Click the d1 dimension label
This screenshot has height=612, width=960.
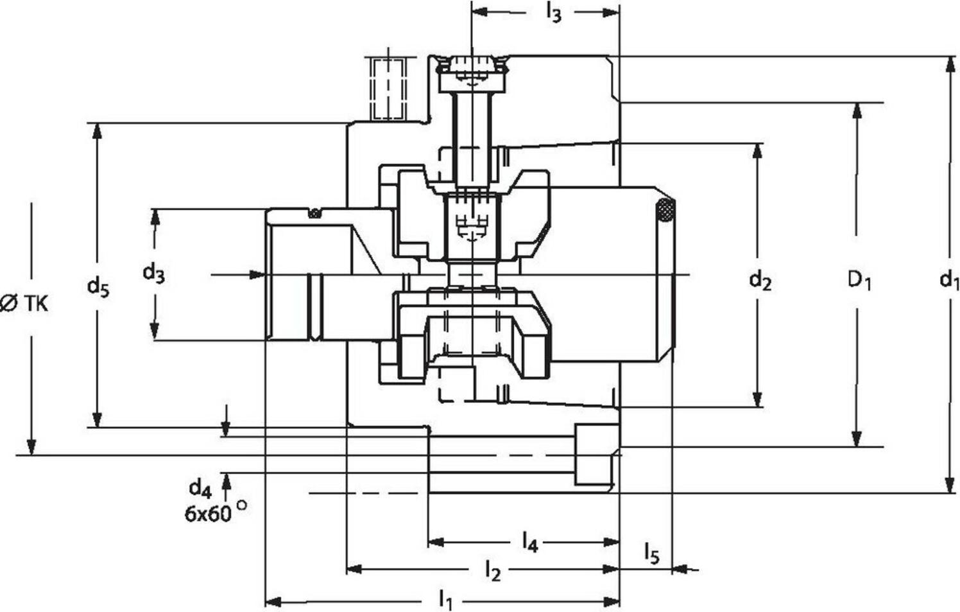coord(948,280)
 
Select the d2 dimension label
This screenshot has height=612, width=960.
coord(760,280)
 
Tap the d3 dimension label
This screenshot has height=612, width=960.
coord(153,273)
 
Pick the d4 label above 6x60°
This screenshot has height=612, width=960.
coord(200,489)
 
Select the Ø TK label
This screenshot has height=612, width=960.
coord(24,303)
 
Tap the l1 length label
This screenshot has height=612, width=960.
coord(445,601)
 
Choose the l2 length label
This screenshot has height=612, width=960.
coord(492,570)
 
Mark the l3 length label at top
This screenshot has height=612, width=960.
coord(553,13)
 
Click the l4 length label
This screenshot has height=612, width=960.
coord(529,543)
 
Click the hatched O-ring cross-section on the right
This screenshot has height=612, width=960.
coord(665,211)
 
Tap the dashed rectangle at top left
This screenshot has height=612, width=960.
coord(388,88)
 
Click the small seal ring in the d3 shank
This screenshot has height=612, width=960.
coord(314,213)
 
